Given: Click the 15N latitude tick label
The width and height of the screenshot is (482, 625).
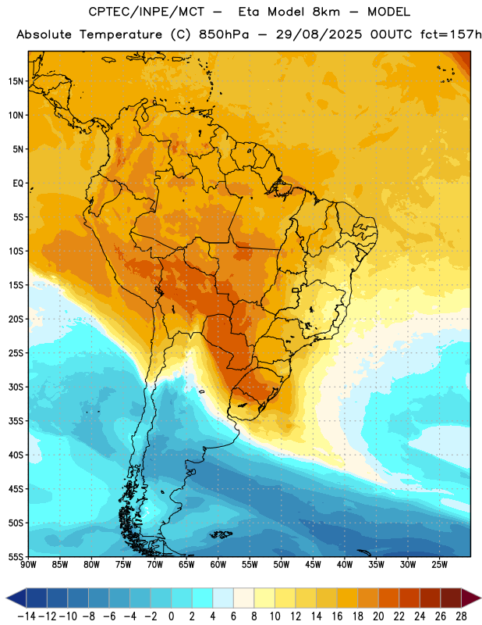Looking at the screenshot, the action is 16,81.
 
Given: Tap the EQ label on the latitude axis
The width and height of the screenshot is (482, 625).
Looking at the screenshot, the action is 18,184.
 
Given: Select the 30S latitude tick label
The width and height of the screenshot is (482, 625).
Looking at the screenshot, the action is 16,387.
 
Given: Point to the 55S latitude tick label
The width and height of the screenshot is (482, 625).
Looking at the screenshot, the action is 16,556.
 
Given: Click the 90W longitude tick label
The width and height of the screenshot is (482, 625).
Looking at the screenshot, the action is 28,564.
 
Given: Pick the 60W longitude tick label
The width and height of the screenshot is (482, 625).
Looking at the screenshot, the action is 218,564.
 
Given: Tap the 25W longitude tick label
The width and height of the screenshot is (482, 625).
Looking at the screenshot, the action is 439,564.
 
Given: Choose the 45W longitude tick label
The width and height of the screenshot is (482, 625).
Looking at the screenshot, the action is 313,564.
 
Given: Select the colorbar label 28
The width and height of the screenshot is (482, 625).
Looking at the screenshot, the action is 461,616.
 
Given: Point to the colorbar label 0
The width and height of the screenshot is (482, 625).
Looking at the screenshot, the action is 171,616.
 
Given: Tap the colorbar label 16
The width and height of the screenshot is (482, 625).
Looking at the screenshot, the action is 337,616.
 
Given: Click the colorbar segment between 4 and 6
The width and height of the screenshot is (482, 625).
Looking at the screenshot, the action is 223,598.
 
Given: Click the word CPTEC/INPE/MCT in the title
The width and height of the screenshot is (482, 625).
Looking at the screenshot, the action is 146,12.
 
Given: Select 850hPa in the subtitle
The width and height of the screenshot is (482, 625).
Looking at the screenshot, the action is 224,34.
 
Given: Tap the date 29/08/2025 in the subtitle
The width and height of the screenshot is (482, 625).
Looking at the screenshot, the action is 319,34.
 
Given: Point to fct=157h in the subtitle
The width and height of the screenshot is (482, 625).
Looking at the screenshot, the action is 451,34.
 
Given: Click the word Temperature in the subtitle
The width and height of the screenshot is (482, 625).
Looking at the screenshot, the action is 121,35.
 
